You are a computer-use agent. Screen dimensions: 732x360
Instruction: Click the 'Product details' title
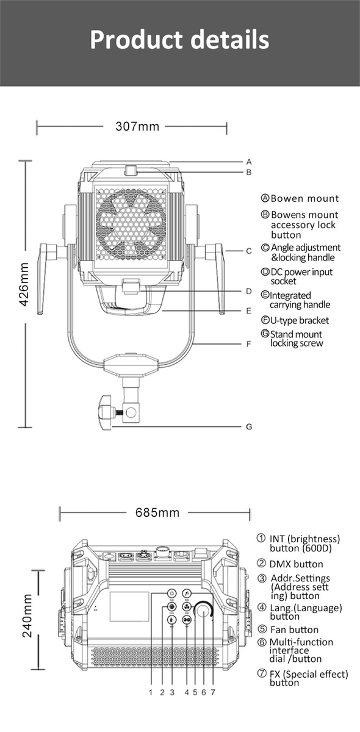coord(179,40)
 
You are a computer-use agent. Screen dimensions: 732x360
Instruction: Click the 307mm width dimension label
coord(137,127)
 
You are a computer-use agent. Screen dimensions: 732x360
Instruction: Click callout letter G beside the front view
coord(249,427)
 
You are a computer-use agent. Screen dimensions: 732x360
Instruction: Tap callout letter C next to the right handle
coord(249,251)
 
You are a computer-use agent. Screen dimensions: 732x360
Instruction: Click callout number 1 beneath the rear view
coord(151,692)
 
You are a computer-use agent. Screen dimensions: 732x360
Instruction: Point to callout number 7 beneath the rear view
coord(213,692)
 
